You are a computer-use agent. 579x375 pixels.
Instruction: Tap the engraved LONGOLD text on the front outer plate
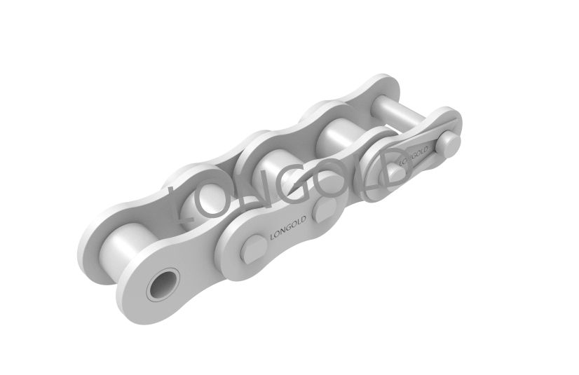click(x=288, y=228)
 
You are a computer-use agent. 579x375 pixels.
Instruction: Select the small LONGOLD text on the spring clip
click(x=414, y=156)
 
